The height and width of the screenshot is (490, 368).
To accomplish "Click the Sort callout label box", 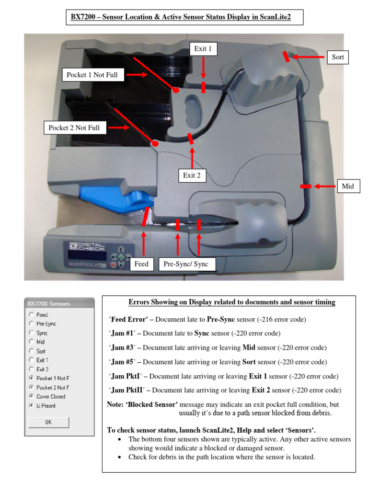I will pyautogui.click(x=338, y=57).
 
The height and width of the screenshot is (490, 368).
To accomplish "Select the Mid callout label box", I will pyautogui.click(x=348, y=186).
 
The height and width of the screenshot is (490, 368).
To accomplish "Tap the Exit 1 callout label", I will pyautogui.click(x=203, y=48).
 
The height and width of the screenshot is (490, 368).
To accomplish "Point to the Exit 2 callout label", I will pyautogui.click(x=192, y=175).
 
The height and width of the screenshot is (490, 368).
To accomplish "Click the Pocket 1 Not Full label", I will pyautogui.click(x=92, y=75).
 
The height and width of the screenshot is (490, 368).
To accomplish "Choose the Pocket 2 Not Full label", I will pyautogui.click(x=74, y=128).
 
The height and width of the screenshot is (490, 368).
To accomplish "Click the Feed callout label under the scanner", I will pyautogui.click(x=141, y=264).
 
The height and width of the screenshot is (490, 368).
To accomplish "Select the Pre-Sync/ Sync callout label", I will pyautogui.click(x=186, y=264).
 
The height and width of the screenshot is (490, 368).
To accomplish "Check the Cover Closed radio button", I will pyautogui.click(x=32, y=396).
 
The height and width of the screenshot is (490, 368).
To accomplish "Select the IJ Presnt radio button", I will pyautogui.click(x=32, y=405).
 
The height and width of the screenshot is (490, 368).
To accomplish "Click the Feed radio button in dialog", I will pyautogui.click(x=32, y=314).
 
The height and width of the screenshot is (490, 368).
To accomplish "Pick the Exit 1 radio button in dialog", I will pyautogui.click(x=32, y=360).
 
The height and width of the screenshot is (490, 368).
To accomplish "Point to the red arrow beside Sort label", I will pyautogui.click(x=309, y=57).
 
